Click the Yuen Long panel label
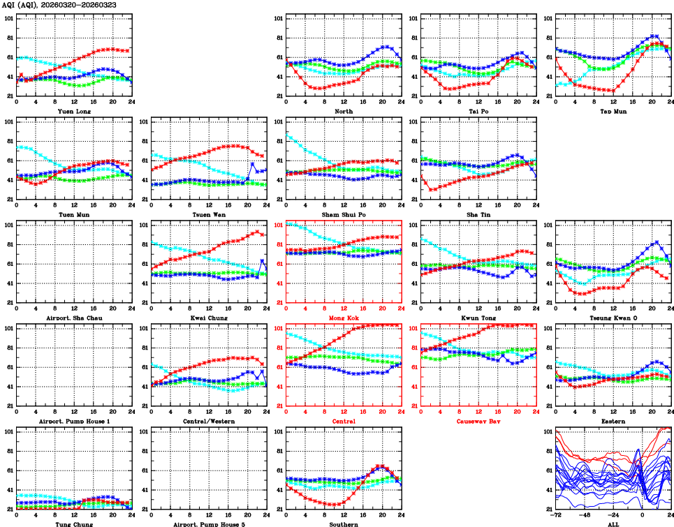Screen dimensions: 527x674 pyautogui.click(x=73, y=111)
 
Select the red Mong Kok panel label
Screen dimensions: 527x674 pyautogui.click(x=344, y=318)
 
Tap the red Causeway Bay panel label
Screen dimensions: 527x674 pyautogui.click(x=478, y=422)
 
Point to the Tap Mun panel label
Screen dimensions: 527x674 pyautogui.click(x=613, y=111)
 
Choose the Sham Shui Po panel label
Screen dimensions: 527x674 pyautogui.click(x=344, y=214)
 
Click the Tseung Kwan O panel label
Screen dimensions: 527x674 pyautogui.click(x=613, y=318)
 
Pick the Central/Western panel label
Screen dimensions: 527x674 pyautogui.click(x=209, y=422)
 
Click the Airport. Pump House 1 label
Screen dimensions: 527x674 pyautogui.click(x=73, y=422)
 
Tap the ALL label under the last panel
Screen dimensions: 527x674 pyautogui.click(x=613, y=524)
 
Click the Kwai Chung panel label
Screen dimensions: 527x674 pyautogui.click(x=209, y=318)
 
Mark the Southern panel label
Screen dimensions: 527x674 pyautogui.click(x=344, y=524)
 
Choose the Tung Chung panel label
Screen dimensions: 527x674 pyautogui.click(x=73, y=524)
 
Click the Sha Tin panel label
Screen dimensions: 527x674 pyautogui.click(x=478, y=214)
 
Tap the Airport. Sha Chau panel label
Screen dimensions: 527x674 pyautogui.click(x=73, y=318)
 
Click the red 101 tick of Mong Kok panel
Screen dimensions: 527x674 pyautogui.click(x=277, y=225)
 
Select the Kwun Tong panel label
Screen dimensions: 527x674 pyautogui.click(x=478, y=318)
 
